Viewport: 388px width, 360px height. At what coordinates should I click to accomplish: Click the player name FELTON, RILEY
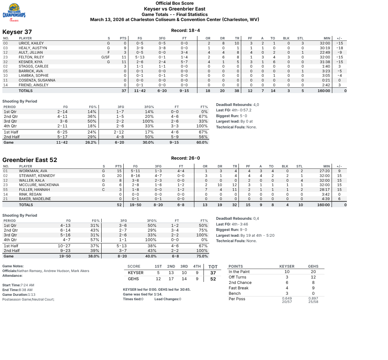pos(32,57)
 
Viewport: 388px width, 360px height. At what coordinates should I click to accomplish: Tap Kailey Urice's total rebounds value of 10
pos(237,43)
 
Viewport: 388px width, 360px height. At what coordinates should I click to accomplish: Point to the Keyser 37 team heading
pos(17,32)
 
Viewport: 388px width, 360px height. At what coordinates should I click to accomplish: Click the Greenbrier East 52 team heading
pos(30,160)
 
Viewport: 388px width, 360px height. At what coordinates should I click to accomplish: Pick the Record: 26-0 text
pos(186,158)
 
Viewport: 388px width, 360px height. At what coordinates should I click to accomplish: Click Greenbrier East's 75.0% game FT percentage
pos(202,256)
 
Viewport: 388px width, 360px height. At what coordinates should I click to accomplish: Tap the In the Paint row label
pos(239,272)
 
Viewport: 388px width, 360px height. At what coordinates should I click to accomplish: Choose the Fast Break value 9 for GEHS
pos(313,288)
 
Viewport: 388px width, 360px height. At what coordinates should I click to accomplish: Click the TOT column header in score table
pos(213,267)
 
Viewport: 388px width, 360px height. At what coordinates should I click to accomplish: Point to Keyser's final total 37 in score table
pos(213,273)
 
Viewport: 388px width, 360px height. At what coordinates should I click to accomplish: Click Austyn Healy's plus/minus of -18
pos(339,48)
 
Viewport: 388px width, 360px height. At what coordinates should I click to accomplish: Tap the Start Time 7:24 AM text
pos(18,285)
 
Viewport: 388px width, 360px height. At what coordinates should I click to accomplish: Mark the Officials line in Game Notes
pos(46,271)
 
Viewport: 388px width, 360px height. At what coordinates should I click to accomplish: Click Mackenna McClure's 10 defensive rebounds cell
pos(220,185)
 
